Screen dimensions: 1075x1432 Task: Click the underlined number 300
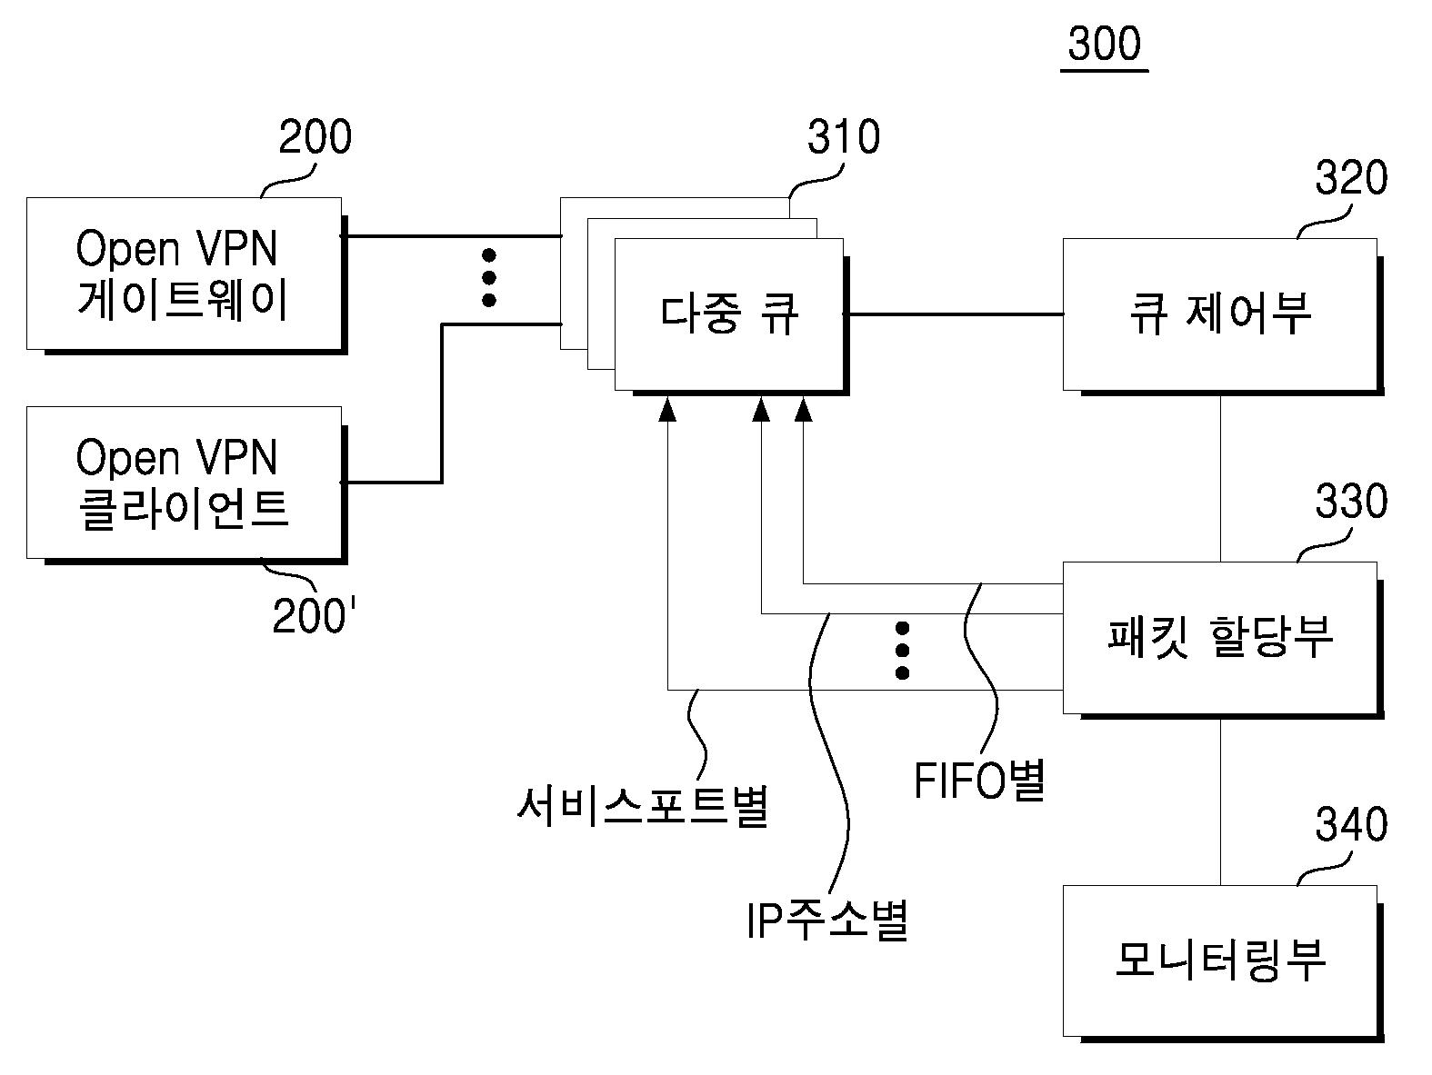pyautogui.click(x=1104, y=45)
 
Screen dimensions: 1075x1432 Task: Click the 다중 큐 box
pyautogui.click(x=728, y=314)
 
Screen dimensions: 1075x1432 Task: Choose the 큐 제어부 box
pyautogui.click(x=1219, y=314)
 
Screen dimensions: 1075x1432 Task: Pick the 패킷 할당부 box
pyautogui.click(x=1219, y=637)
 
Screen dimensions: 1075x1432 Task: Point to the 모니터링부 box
pyautogui.click(x=1219, y=960)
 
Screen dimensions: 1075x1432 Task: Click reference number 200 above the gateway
pyautogui.click(x=315, y=138)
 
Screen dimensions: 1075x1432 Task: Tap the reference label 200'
pyautogui.click(x=315, y=617)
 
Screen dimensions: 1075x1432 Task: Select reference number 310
pyautogui.click(x=844, y=138)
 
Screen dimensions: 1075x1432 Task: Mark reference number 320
pyautogui.click(x=1351, y=179)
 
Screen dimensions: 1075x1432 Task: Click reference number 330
pyautogui.click(x=1351, y=502)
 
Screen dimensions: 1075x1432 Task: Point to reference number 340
pyautogui.click(x=1351, y=824)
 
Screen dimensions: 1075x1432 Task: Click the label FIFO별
pyautogui.click(x=979, y=781)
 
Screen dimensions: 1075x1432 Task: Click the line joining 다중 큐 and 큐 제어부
pyautogui.click(x=955, y=314)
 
